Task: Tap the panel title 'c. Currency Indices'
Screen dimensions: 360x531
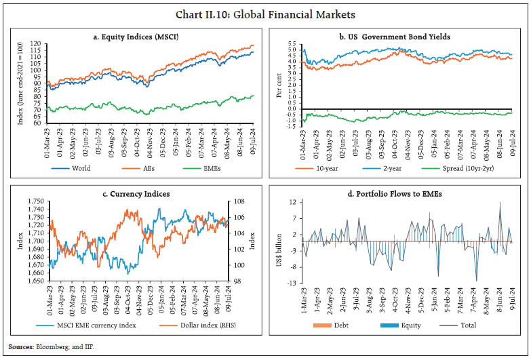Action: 136,194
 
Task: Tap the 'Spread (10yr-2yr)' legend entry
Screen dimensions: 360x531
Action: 468,166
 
